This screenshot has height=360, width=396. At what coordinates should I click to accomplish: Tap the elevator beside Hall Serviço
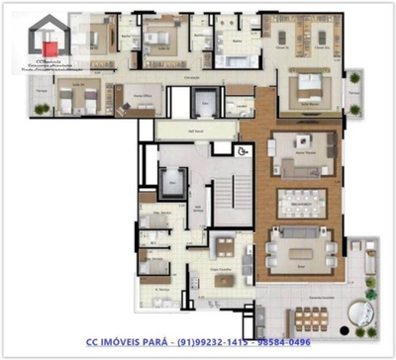[x=174, y=180]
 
